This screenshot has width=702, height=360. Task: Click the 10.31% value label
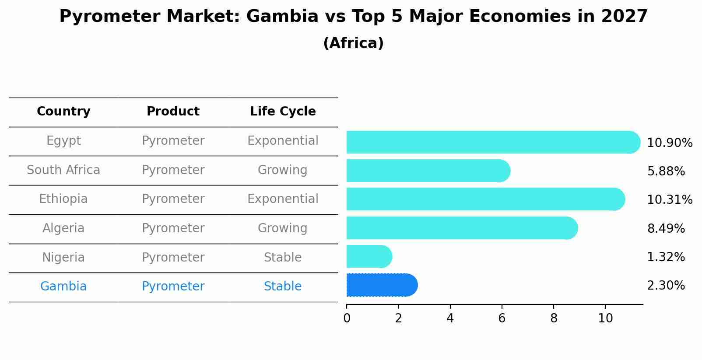click(x=669, y=200)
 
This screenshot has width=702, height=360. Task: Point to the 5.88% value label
click(x=666, y=171)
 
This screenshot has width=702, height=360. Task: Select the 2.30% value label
click(x=666, y=286)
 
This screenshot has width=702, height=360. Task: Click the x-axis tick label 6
click(x=502, y=318)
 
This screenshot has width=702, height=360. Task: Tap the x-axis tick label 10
click(x=605, y=318)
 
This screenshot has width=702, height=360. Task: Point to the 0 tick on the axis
click(x=347, y=318)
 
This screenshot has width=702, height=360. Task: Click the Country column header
click(x=63, y=112)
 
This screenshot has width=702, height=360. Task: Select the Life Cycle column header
click(x=283, y=112)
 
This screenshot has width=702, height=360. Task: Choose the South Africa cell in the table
click(x=63, y=170)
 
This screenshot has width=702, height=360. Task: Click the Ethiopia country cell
click(x=63, y=199)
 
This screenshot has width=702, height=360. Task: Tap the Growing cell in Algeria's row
click(x=283, y=228)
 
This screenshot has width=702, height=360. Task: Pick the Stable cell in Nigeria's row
click(x=283, y=258)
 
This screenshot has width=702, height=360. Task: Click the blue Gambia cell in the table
click(x=63, y=287)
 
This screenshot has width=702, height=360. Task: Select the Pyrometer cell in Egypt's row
click(x=173, y=141)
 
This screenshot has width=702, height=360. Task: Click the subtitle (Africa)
click(x=353, y=43)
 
